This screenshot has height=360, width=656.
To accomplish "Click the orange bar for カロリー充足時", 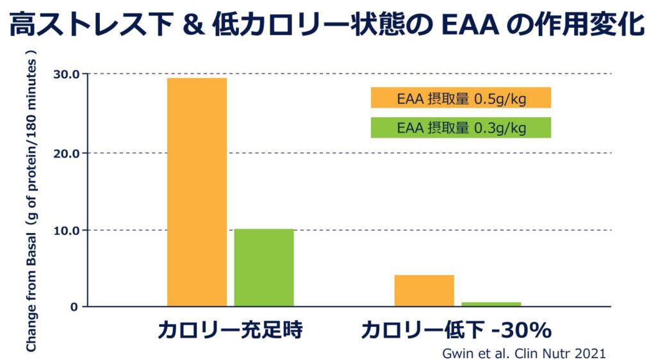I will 197,192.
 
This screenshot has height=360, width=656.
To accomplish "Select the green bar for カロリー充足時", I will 264,267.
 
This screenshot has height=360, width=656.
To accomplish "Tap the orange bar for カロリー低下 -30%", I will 424,290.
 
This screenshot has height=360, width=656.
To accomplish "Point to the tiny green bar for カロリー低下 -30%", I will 491,304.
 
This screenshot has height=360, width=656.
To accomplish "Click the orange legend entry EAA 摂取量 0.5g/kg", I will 461,98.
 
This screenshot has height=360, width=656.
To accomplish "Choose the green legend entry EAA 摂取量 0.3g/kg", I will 461,128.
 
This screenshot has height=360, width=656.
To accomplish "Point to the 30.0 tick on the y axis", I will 67,74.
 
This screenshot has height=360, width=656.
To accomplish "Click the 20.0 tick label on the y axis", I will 67,153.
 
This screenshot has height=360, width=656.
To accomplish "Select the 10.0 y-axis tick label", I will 67,230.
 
